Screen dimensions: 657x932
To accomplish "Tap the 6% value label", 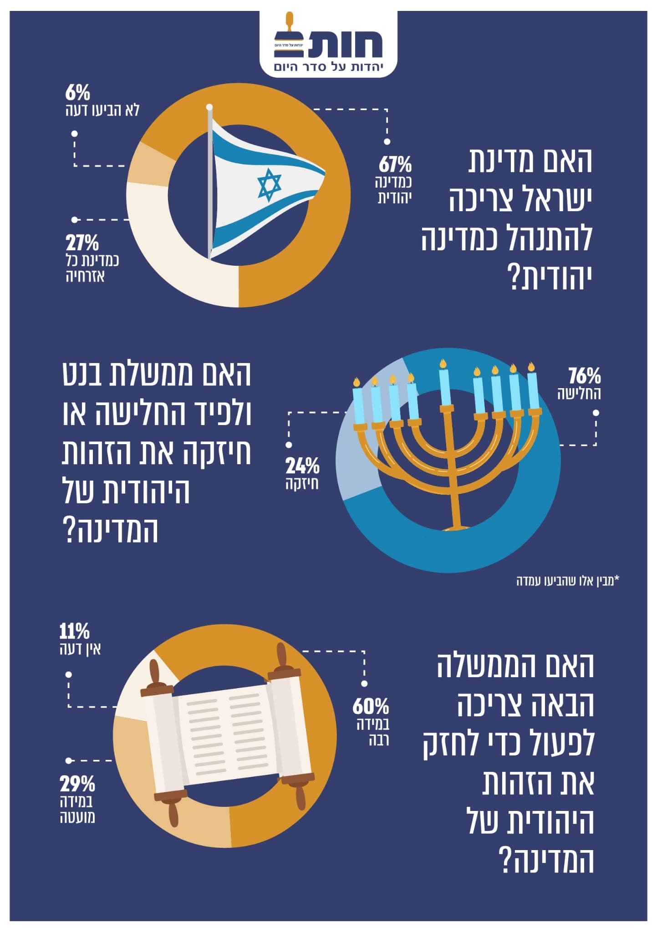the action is [77, 93].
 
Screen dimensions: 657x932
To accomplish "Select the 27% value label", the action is [82, 243].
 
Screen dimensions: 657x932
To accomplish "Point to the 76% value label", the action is [585, 376].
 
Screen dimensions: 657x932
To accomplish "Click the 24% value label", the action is [302, 466].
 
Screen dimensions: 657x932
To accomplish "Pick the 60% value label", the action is [371, 707].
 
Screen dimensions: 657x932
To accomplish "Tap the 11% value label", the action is [74, 632].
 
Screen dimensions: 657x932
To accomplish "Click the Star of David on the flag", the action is [270, 185].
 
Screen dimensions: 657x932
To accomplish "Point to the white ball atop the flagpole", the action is [209, 107].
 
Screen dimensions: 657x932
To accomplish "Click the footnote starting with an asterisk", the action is [568, 581].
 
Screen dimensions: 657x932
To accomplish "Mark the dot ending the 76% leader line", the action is [596, 414].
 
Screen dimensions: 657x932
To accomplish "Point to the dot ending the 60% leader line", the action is [364, 684].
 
